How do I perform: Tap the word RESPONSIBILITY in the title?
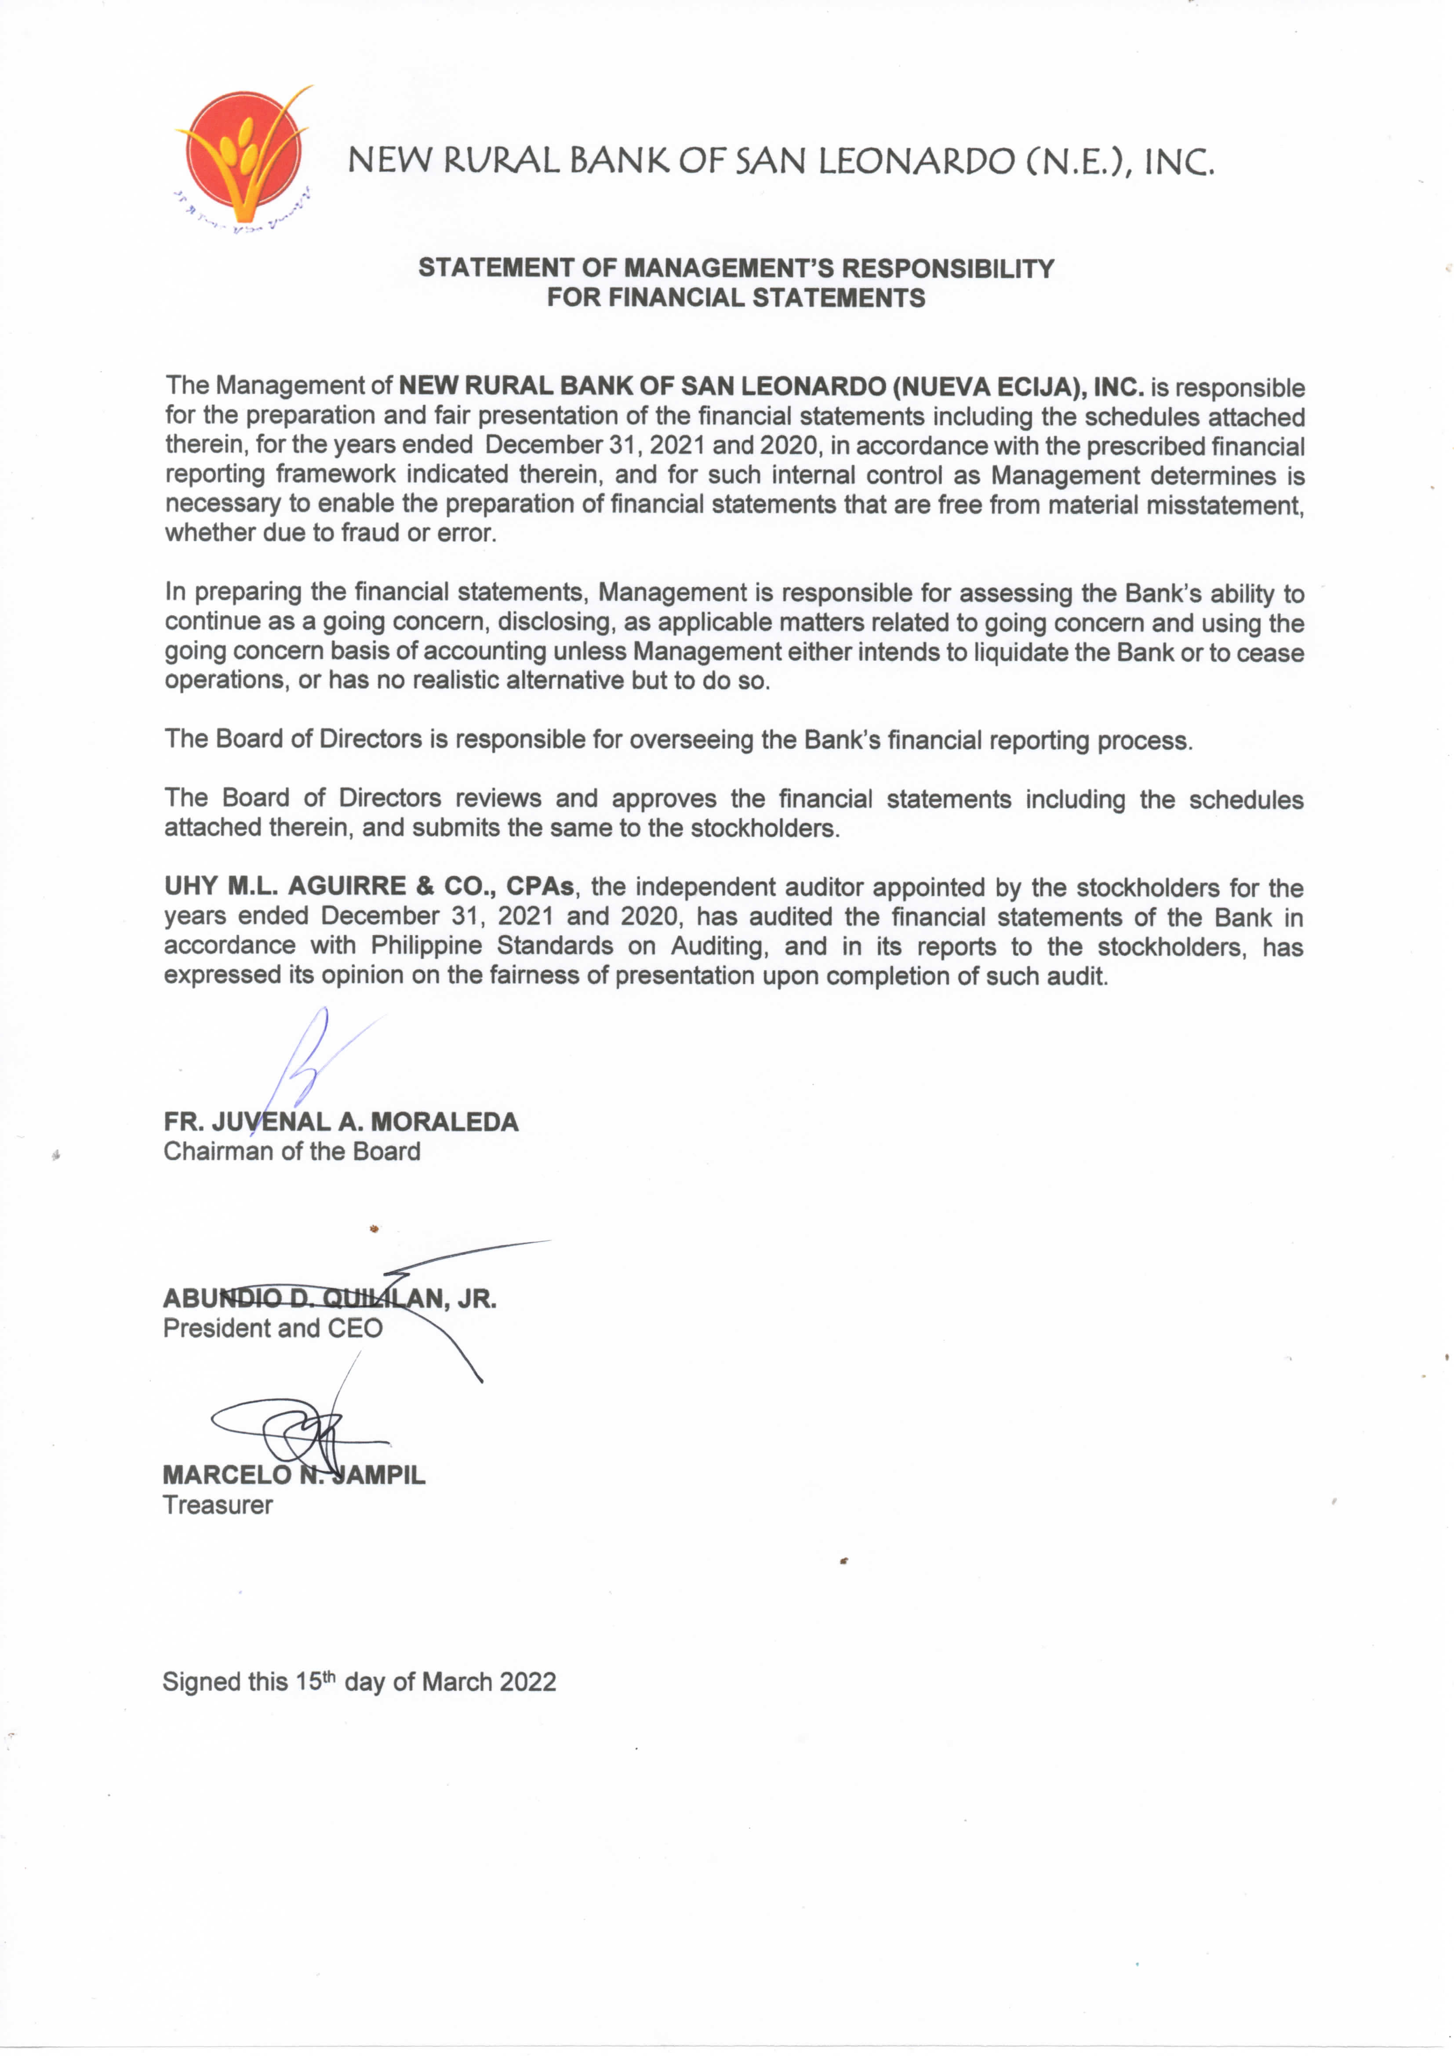click(948, 268)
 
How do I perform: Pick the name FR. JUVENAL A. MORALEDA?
click(341, 1122)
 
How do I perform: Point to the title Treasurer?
click(218, 1505)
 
